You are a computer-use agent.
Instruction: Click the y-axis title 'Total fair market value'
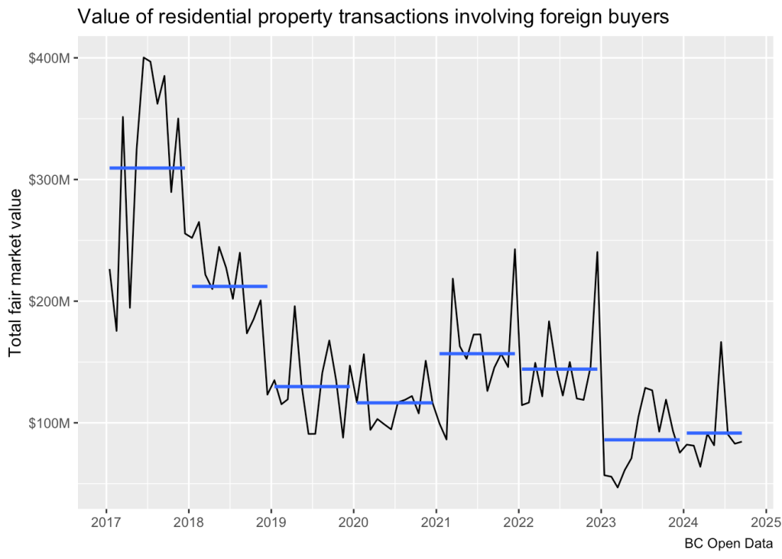[15, 273]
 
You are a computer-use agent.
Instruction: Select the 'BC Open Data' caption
[728, 544]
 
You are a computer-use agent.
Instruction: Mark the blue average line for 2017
[147, 167]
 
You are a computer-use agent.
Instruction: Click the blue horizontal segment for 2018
[229, 286]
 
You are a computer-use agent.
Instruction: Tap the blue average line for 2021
[477, 353]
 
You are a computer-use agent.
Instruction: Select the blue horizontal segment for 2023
[641, 440]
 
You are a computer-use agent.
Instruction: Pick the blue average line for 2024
[714, 433]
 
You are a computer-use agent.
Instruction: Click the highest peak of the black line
[143, 57]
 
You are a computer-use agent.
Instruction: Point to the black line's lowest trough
[618, 487]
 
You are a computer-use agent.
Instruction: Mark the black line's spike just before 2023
[597, 252]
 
